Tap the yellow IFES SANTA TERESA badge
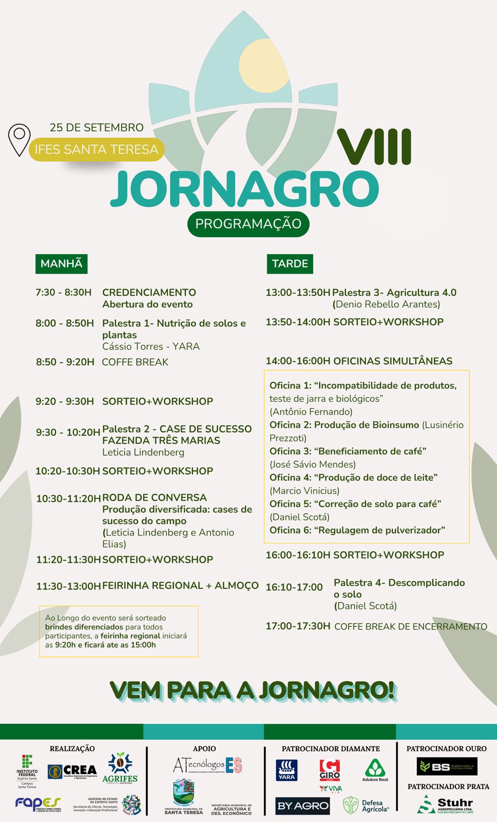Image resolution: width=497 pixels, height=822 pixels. [96, 150]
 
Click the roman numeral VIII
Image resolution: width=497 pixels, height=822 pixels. [375, 147]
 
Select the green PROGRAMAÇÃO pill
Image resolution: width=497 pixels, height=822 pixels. [248, 224]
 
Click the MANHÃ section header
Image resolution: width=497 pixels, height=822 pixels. [61, 264]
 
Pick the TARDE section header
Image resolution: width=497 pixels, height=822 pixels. [290, 264]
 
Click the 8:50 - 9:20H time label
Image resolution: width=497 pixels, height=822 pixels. [65, 362]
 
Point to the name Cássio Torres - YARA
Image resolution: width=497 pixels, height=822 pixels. [151, 346]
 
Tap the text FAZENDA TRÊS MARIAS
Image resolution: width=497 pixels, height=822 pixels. [161, 440]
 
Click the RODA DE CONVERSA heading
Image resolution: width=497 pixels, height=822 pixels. [155, 497]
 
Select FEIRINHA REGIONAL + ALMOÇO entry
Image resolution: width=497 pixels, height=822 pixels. [180, 585]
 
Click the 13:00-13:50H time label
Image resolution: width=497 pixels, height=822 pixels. [298, 292]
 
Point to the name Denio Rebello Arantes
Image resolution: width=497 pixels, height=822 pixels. [388, 304]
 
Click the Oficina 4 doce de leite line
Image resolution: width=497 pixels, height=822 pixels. [353, 477]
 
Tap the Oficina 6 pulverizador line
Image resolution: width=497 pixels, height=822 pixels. [357, 530]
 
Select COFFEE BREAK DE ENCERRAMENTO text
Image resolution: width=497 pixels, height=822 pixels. [410, 626]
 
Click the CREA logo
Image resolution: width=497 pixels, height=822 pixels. [72, 771]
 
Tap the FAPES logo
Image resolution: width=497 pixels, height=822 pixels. [37, 804]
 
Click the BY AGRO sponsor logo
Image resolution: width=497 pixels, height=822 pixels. [302, 806]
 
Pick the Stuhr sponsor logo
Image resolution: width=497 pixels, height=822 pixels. [445, 805]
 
